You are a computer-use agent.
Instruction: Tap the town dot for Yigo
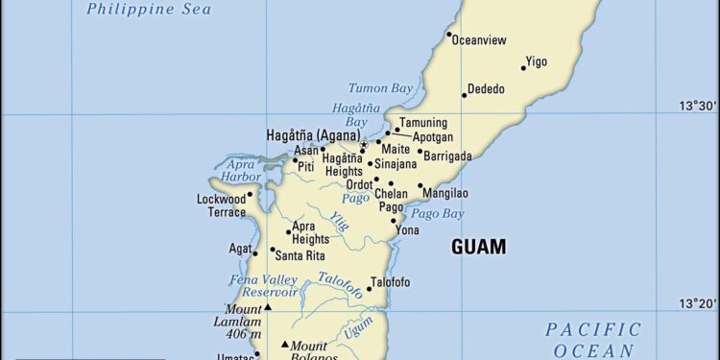coord(524,67)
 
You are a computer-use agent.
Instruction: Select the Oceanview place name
coord(478,40)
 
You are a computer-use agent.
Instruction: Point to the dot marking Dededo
coord(464,94)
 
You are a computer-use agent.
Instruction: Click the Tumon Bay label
coord(380,87)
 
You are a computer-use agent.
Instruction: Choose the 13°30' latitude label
coord(699,106)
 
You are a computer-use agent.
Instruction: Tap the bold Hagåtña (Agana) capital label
coord(313,136)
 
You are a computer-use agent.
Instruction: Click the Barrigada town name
coord(448,156)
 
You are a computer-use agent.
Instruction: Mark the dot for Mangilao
coord(420,186)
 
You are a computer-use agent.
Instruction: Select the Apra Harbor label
coord(240,170)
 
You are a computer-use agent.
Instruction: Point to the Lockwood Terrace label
coord(222,205)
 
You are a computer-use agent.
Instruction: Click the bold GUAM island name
coord(478,247)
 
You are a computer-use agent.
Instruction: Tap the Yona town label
coord(407,230)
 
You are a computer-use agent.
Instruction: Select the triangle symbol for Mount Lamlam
coord(268,306)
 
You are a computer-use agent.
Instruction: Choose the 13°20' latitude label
coord(699,303)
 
